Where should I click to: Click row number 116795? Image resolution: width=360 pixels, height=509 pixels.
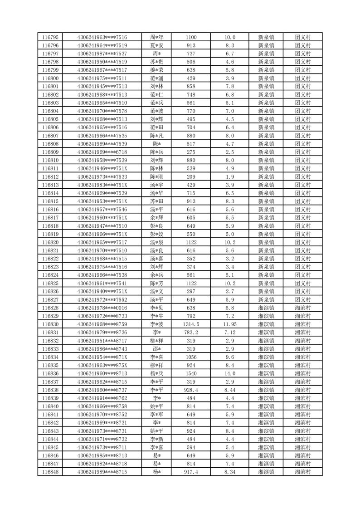pos(50,37)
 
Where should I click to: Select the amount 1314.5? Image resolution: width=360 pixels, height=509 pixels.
pos(191,324)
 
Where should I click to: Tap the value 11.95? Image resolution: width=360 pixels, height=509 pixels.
pos(230,324)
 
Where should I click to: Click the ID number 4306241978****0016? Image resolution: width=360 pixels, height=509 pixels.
pos(102,308)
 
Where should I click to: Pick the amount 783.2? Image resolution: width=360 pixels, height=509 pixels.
pos(191,332)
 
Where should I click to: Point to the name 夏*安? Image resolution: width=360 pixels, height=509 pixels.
pos(156,45)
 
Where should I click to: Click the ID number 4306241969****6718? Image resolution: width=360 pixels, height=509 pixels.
pos(102,152)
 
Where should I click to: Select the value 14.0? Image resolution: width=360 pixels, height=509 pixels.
pos(230,373)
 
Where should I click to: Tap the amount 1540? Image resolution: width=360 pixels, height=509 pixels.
pos(191,373)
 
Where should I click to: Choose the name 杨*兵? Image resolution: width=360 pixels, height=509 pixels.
pos(156,373)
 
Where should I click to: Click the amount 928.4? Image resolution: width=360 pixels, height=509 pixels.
pos(191,390)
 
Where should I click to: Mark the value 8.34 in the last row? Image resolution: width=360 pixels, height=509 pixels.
pos(230,472)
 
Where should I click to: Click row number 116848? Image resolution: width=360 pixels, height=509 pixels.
pos(50,472)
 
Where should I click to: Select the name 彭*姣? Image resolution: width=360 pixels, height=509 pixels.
pos(156,234)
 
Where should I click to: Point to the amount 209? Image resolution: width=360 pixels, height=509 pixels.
pos(191,176)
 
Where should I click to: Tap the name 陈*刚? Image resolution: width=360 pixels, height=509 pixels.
pos(156,176)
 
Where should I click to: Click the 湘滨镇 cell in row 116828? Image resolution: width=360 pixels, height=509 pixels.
pos(266,308)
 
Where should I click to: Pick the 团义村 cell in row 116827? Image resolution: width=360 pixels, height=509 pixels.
pos(302,299)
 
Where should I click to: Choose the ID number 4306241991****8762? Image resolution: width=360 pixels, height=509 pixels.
pos(102,398)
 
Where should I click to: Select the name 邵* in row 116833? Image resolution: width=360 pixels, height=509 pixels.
pos(156,349)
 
